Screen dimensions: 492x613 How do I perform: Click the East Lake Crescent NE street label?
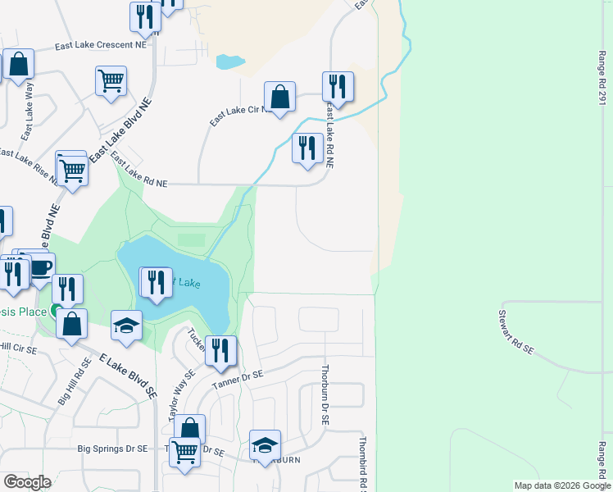click(x=101, y=48)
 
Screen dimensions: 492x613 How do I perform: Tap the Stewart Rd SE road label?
click(x=517, y=332)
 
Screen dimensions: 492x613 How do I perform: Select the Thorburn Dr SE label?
click(x=325, y=394)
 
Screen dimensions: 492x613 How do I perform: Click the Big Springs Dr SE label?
click(x=113, y=449)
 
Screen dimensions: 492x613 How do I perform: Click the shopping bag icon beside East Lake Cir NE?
click(x=279, y=96)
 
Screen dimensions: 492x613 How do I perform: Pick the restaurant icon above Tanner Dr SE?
click(x=220, y=351)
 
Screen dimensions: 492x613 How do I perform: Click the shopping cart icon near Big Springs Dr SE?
click(x=185, y=451)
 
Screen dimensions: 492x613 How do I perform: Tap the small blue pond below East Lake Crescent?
click(x=229, y=61)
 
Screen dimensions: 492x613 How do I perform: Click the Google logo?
click(x=27, y=482)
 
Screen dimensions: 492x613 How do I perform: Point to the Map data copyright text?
click(x=562, y=485)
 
